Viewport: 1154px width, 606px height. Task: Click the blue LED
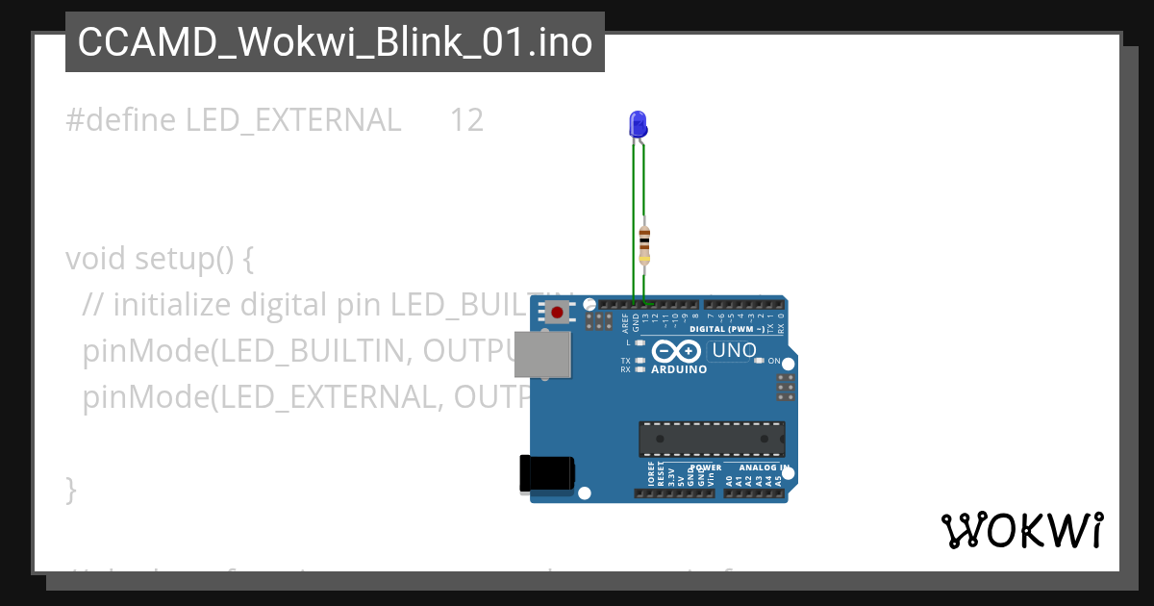point(638,123)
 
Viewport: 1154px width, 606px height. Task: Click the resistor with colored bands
point(644,244)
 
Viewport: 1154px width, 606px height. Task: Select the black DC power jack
point(546,473)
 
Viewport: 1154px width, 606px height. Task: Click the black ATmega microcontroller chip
point(712,439)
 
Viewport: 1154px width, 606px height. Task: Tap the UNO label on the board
point(735,351)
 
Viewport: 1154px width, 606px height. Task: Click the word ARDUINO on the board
point(679,369)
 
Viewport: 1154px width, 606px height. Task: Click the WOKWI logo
point(1021,530)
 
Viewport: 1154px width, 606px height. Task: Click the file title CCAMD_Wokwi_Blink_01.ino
point(335,42)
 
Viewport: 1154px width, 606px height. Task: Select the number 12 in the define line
point(466,120)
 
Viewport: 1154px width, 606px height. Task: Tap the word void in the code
point(96,259)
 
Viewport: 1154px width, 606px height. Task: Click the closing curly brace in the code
point(71,489)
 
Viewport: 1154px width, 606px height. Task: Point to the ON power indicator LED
point(759,361)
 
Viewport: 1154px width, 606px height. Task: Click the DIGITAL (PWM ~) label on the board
point(728,329)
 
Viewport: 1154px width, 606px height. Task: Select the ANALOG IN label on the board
point(765,468)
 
